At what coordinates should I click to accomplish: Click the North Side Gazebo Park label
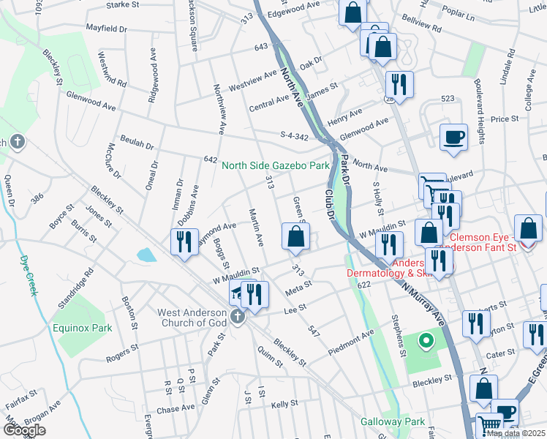pyautogui.click(x=276, y=166)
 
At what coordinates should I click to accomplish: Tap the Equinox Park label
pyautogui.click(x=82, y=328)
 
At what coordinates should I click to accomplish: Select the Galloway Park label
pyautogui.click(x=392, y=421)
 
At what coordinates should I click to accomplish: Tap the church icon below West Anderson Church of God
pyautogui.click(x=236, y=317)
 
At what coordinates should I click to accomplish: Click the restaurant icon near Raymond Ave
pyautogui.click(x=184, y=243)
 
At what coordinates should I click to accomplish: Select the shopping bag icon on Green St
pyautogui.click(x=295, y=237)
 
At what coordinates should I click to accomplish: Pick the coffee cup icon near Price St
pyautogui.click(x=453, y=137)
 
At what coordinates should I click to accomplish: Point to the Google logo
pyautogui.click(x=23, y=430)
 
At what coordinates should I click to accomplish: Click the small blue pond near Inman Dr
pyautogui.click(x=146, y=255)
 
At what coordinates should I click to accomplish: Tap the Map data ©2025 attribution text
pyautogui.click(x=516, y=433)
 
